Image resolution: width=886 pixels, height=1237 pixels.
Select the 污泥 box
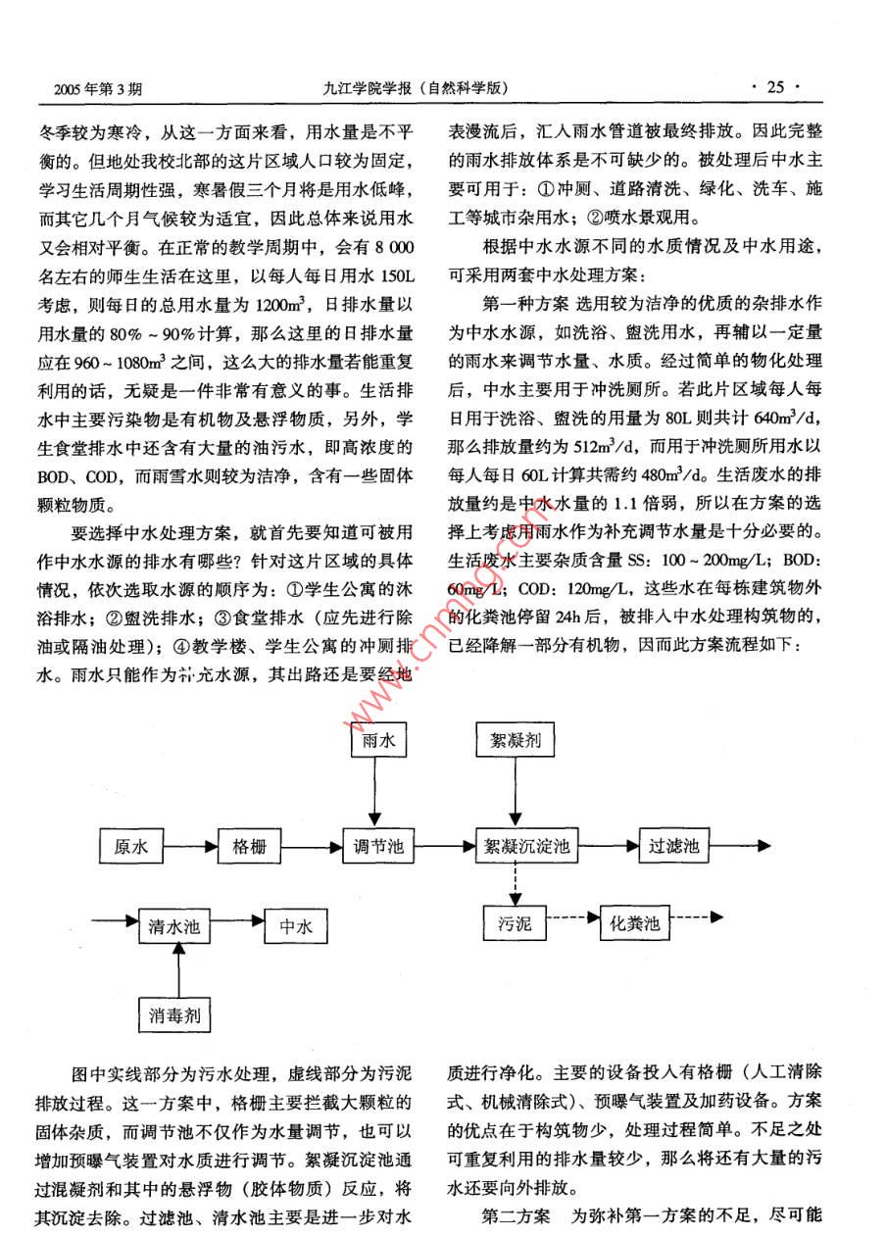click(515, 922)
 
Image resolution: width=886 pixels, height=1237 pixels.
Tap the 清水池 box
click(173, 925)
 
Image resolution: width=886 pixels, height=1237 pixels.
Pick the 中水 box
click(295, 925)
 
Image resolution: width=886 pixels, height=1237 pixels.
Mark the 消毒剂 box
click(175, 1014)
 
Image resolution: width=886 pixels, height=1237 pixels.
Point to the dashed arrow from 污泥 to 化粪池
click(572, 918)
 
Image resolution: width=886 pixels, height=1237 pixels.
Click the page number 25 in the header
click(775, 87)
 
